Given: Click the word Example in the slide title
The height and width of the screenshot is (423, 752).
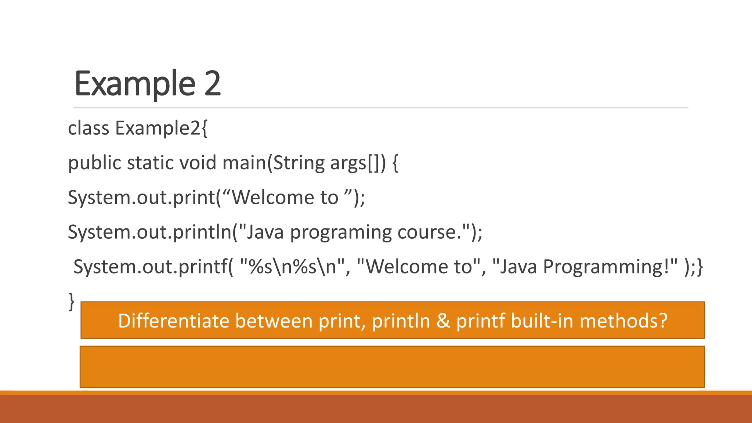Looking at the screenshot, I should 135,84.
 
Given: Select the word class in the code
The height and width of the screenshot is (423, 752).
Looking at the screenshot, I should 88,128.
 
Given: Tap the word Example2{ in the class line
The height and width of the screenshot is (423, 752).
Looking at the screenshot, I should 162,129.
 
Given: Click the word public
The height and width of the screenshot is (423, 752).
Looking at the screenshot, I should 94,163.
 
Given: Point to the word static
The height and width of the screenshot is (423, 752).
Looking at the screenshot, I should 150,163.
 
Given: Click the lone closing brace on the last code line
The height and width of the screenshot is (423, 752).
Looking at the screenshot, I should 72,301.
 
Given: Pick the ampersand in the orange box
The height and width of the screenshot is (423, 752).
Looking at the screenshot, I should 443,321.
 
